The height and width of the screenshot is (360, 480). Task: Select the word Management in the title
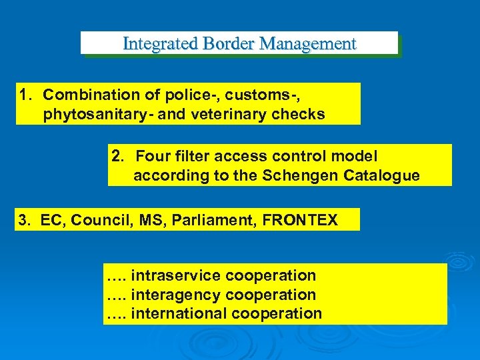(x=309, y=44)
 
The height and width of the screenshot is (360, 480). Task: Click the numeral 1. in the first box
(x=26, y=95)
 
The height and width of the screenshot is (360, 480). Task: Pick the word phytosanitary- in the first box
(x=101, y=114)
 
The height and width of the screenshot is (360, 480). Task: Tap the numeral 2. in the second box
(x=118, y=157)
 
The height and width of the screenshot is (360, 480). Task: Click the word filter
(x=191, y=157)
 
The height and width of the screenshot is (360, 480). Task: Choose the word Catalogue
(x=386, y=175)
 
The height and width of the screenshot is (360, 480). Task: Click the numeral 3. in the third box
(x=24, y=220)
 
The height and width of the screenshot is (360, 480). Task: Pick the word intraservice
(x=176, y=275)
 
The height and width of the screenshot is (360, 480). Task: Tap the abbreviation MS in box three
(x=150, y=220)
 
